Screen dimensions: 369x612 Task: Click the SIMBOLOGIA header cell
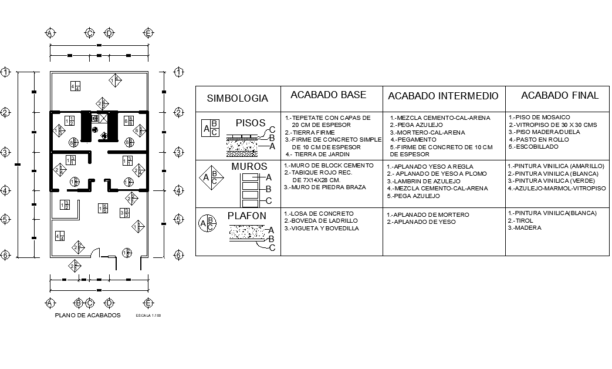click(238, 99)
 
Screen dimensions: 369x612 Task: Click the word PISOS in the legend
click(251, 123)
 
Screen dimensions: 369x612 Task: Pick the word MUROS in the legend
click(249, 167)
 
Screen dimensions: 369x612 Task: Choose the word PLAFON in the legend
click(247, 216)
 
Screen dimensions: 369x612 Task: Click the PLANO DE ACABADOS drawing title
click(87, 316)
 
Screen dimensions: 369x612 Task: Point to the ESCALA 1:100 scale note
click(148, 316)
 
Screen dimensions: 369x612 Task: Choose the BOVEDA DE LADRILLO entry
click(320, 220)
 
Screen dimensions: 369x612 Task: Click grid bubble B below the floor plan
click(77, 303)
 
